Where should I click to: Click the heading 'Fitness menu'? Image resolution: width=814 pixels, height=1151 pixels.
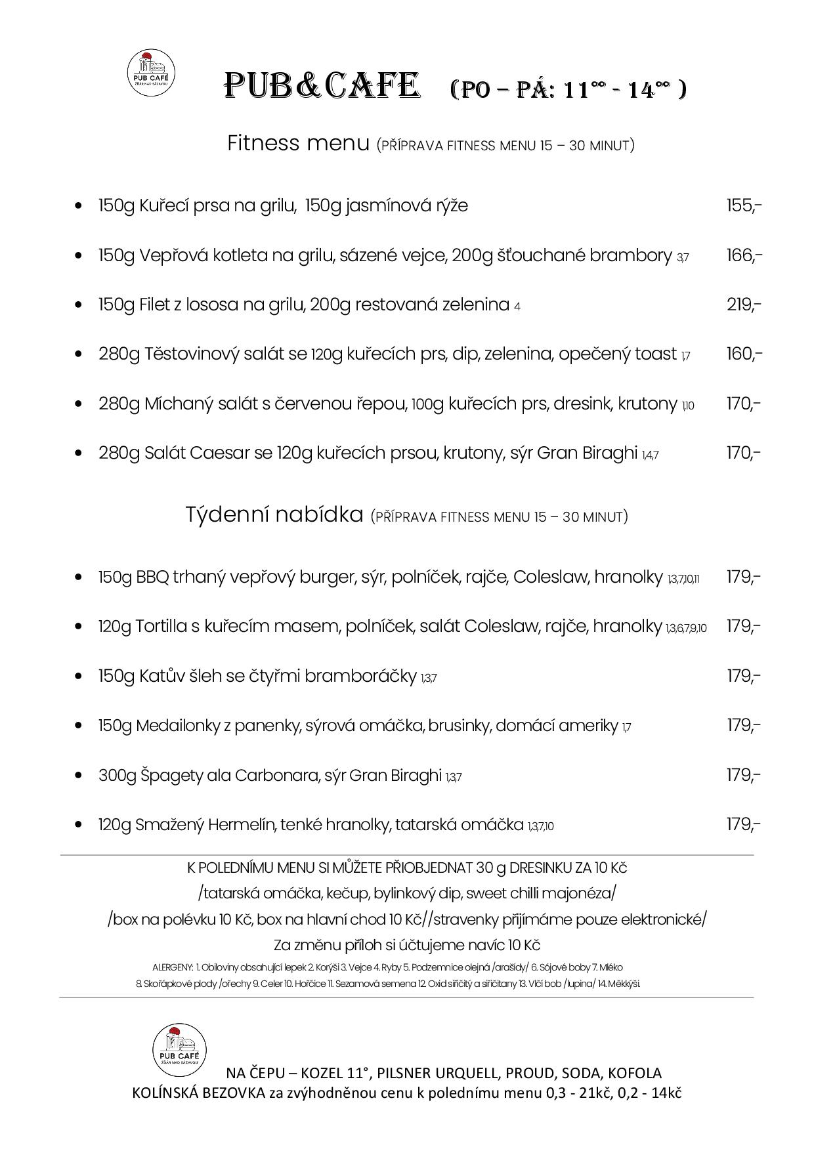(298, 143)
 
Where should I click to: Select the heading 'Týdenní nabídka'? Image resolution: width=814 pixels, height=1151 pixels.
(274, 514)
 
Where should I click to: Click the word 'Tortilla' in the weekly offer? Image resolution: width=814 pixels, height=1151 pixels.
(160, 627)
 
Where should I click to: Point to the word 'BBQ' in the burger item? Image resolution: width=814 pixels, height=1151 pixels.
(152, 577)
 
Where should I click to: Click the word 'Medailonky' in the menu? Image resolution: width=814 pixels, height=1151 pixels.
(175, 726)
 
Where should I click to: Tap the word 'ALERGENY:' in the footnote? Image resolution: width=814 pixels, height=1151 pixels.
(172, 967)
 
